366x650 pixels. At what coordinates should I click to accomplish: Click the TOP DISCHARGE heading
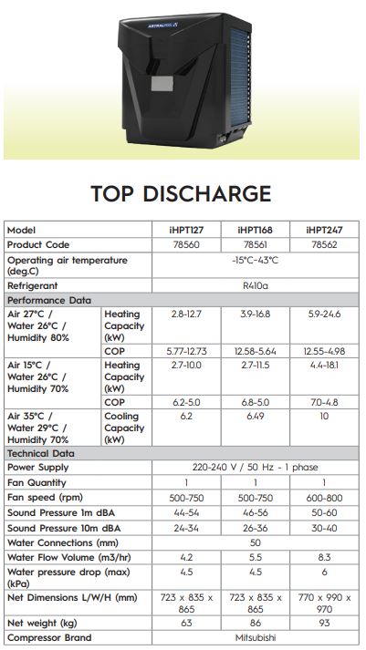click(181, 193)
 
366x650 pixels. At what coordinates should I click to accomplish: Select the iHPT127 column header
click(185, 231)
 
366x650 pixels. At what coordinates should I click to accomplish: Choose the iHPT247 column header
click(323, 231)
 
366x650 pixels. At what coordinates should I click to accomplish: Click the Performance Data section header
click(49, 299)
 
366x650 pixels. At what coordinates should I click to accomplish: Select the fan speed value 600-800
click(323, 498)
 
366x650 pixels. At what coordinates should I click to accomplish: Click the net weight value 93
click(323, 623)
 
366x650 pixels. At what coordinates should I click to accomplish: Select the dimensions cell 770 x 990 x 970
click(323, 602)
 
